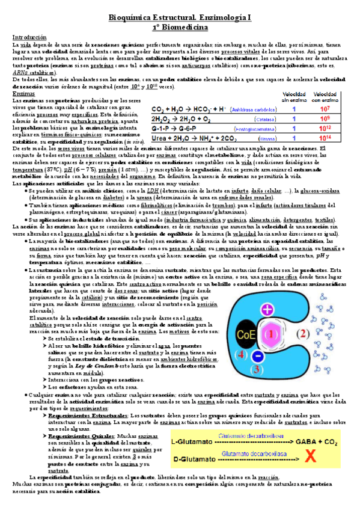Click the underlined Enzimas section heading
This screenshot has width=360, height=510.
[x=23, y=94]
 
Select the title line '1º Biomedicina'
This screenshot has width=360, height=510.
[x=180, y=27]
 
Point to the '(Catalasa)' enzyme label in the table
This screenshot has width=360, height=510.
[x=243, y=119]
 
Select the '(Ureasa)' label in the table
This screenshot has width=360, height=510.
[x=243, y=138]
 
